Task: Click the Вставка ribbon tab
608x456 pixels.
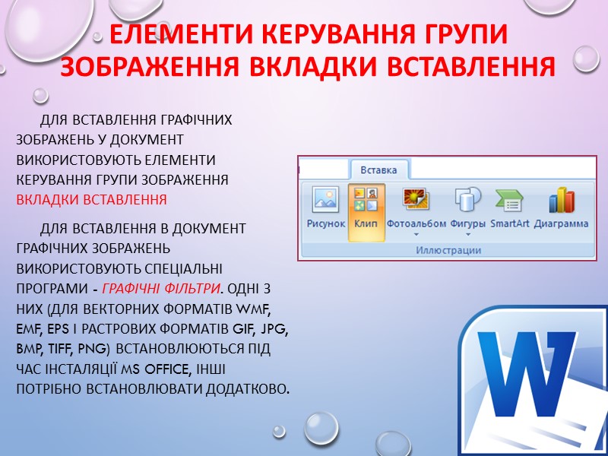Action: click(378, 169)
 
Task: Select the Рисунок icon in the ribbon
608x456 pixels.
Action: click(326, 201)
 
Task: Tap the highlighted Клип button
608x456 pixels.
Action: click(366, 201)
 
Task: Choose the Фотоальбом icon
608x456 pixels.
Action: click(416, 201)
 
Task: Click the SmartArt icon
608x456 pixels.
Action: click(509, 201)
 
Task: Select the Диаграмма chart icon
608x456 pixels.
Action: click(561, 201)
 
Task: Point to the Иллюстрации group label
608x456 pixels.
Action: click(449, 250)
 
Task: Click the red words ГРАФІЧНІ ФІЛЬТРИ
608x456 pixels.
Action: click(161, 289)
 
